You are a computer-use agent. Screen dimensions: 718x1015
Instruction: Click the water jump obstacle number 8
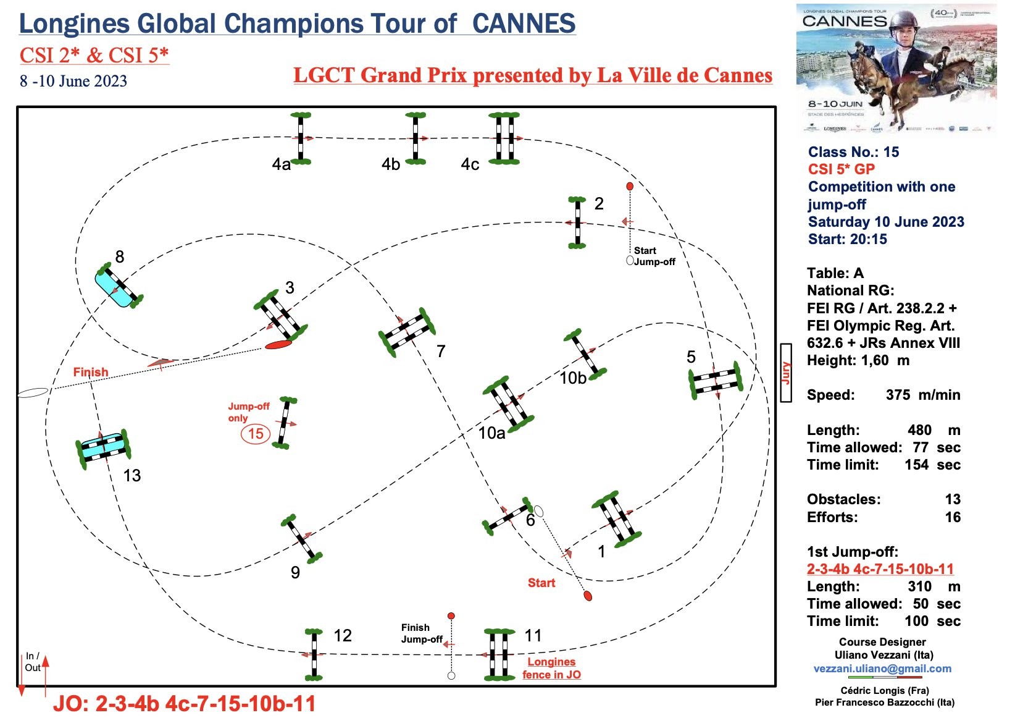pyautogui.click(x=119, y=286)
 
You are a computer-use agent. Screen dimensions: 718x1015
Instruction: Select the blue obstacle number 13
pyautogui.click(x=103, y=447)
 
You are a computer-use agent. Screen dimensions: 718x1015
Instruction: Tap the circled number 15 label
pyautogui.click(x=256, y=434)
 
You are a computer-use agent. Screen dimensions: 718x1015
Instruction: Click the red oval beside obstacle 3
pyautogui.click(x=278, y=344)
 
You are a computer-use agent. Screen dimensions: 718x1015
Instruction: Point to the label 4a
pyautogui.click(x=282, y=164)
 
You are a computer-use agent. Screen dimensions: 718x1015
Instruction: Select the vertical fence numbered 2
pyautogui.click(x=577, y=222)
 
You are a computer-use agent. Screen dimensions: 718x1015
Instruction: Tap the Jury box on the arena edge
pyautogui.click(x=786, y=373)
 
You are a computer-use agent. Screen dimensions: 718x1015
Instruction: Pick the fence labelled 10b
pyautogui.click(x=585, y=354)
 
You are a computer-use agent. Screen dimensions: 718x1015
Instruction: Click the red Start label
pyautogui.click(x=541, y=583)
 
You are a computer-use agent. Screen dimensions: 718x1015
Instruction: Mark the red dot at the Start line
pyautogui.click(x=588, y=596)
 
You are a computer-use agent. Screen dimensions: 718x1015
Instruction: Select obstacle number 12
pyautogui.click(x=314, y=654)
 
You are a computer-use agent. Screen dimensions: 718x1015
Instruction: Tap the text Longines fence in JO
pyautogui.click(x=551, y=669)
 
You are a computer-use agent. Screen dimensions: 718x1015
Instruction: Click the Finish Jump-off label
pyautogui.click(x=422, y=633)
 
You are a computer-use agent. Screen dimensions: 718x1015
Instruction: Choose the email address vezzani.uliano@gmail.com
pyautogui.click(x=882, y=669)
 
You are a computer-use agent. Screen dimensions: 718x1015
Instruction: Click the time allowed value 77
pyautogui.click(x=921, y=447)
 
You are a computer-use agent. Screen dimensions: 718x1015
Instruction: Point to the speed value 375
pyautogui.click(x=899, y=395)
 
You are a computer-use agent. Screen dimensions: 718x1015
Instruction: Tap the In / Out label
pyautogui.click(x=33, y=662)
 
